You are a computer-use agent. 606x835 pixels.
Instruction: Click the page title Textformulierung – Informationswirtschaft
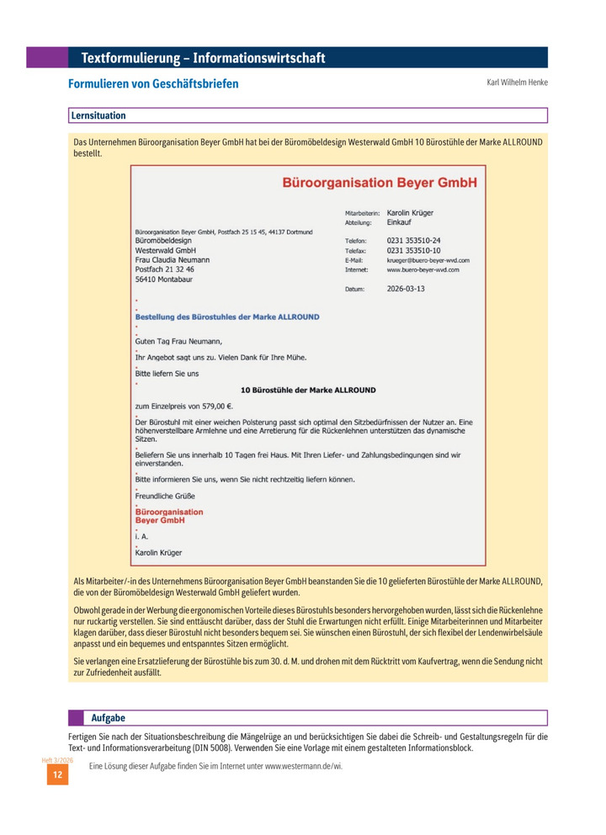pos(203,58)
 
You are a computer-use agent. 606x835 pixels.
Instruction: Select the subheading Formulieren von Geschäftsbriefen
pos(153,84)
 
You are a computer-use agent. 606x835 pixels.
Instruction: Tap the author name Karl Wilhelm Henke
pos(517,83)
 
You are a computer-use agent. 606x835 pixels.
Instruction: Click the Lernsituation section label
pos(98,115)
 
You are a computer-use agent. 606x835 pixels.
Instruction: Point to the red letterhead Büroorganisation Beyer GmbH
pos(379,182)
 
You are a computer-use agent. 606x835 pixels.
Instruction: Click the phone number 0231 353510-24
pos(413,241)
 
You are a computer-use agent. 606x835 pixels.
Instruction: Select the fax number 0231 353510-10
pos(413,251)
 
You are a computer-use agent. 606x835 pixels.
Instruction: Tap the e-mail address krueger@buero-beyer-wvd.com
pos(428,261)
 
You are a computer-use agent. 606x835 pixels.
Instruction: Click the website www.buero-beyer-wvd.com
pos(423,270)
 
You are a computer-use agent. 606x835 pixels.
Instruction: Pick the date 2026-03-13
pos(406,289)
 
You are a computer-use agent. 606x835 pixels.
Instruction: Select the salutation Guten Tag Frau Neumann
pos(178,342)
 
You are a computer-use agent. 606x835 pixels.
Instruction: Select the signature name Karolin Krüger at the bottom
pos(158,553)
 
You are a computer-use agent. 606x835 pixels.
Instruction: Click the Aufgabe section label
pos(108,718)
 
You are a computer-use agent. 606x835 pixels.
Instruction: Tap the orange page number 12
pos(57,774)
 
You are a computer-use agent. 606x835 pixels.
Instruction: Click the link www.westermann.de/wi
pos(304,766)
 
